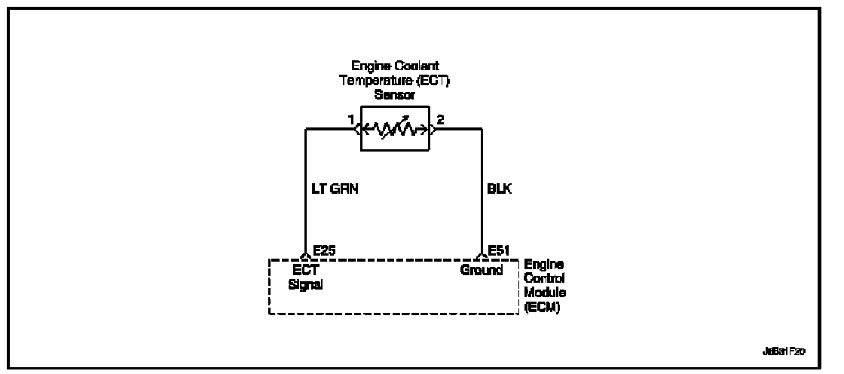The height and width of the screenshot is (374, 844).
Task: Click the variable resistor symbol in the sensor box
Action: pos(395,128)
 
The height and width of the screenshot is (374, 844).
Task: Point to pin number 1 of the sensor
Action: pos(350,119)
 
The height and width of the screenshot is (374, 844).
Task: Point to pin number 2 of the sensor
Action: pos(441,119)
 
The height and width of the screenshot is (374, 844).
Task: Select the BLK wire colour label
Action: pos(500,190)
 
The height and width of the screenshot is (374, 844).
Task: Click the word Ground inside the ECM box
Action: pos(482,271)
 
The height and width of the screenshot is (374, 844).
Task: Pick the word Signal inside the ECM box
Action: pos(306,284)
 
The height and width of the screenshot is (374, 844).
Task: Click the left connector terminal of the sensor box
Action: pos(358,129)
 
